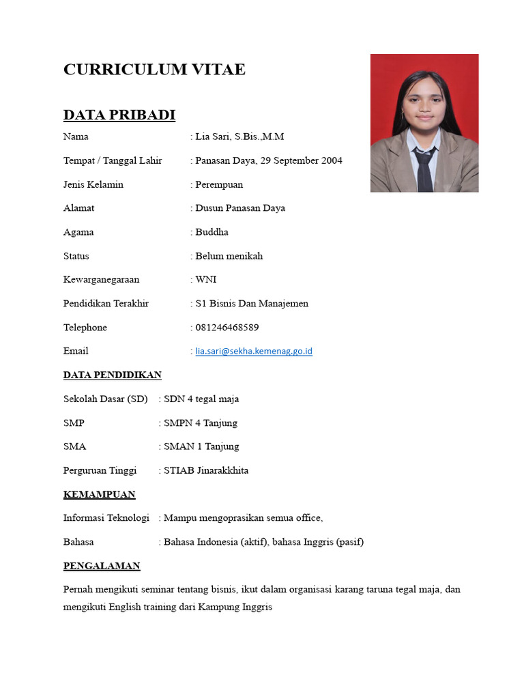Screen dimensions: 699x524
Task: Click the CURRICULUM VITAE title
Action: [x=154, y=70]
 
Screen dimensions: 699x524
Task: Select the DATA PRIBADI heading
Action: [x=119, y=115]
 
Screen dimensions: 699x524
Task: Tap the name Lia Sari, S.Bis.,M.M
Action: [x=239, y=137]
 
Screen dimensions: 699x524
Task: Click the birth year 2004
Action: [x=331, y=160]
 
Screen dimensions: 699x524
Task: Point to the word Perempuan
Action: [x=219, y=184]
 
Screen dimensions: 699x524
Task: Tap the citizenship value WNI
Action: [x=206, y=279]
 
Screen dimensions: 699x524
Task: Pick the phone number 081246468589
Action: [x=227, y=328]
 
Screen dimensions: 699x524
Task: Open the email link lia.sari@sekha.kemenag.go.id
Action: [x=254, y=352]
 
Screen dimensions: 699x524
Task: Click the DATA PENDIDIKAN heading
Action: [x=112, y=375]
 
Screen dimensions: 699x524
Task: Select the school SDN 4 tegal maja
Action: [x=201, y=399]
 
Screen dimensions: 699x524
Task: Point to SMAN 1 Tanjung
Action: [x=201, y=446]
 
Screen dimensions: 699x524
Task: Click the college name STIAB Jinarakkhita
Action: [x=206, y=470]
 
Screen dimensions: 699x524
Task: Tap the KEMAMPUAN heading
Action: [x=99, y=494]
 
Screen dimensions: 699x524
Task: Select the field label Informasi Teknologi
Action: [x=106, y=518]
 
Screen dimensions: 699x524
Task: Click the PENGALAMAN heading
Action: [x=102, y=566]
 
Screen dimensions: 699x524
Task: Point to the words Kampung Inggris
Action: [x=235, y=606]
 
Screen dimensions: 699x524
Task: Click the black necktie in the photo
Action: [x=424, y=171]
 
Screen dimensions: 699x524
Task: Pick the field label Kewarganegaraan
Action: [x=101, y=279]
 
